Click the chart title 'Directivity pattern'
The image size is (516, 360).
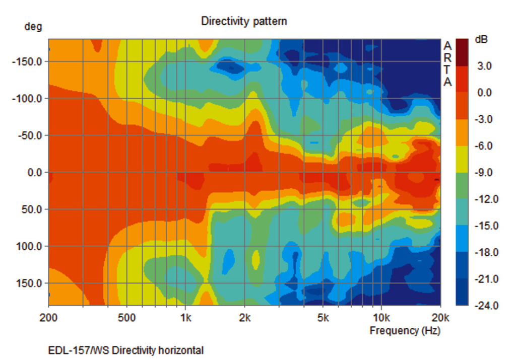pos(244,21)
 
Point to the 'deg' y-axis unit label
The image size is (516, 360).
pos(33,27)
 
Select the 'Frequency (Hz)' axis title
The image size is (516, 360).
pos(405,331)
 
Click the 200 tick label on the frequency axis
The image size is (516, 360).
pos(48,318)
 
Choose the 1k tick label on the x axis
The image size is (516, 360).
pos(185,318)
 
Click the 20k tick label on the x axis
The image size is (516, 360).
pos(440,318)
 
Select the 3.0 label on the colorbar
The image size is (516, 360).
pos(485,66)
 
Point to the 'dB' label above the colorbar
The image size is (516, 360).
pos(481,40)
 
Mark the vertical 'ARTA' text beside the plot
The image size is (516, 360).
pos(447,64)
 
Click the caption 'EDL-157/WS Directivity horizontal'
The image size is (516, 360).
pos(126,350)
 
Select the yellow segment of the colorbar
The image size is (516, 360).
pos(462,159)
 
